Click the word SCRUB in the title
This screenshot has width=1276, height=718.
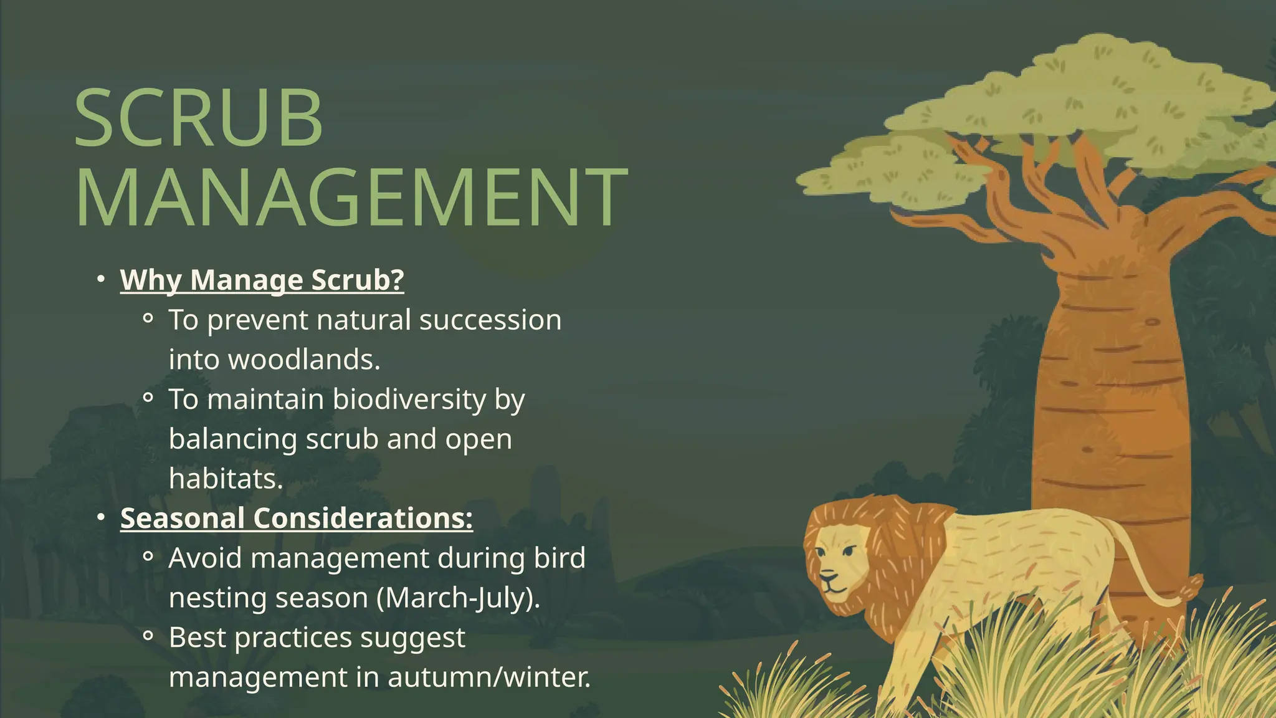tap(198, 118)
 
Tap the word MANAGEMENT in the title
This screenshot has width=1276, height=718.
tap(351, 197)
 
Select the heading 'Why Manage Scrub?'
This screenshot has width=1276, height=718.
tap(262, 280)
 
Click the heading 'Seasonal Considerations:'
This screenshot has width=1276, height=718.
tap(297, 519)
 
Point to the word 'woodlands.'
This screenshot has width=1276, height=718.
tap(304, 360)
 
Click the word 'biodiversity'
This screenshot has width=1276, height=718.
tap(409, 400)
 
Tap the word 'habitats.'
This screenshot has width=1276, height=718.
tap(226, 479)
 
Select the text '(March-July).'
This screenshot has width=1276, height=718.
tap(459, 598)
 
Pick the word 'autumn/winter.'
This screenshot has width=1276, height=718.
tap(489, 677)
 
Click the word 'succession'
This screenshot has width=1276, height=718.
tap(490, 320)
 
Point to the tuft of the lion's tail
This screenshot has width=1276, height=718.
tap(1194, 586)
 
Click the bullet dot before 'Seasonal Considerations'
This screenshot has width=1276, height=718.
tap(101, 517)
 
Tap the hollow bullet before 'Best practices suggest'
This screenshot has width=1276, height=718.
tap(148, 636)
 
